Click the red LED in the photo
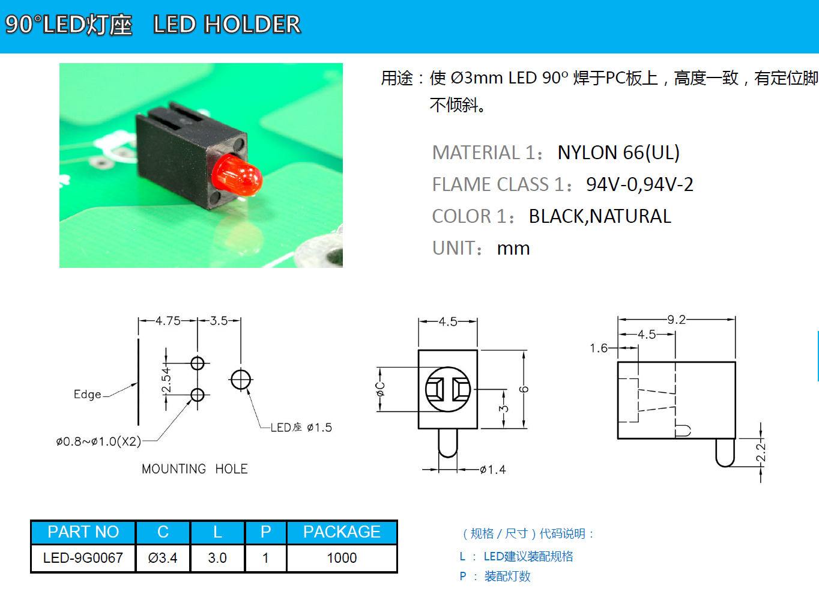click(236, 175)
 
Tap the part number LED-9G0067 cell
click(83, 558)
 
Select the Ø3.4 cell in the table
click(163, 558)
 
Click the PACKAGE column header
click(342, 532)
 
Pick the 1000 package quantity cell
click(342, 558)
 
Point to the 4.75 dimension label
click(168, 321)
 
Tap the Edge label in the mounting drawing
click(88, 394)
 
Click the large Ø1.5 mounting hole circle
click(241, 380)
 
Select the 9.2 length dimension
click(677, 320)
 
